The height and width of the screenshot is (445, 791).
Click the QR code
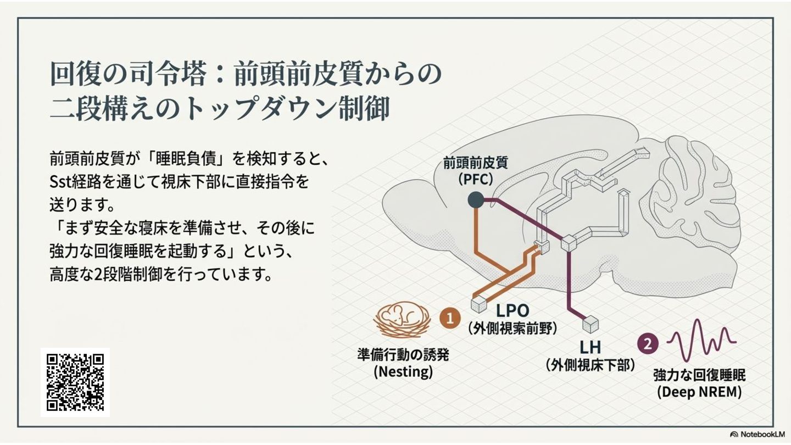coord(75,382)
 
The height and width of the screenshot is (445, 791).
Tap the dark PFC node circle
coord(476,201)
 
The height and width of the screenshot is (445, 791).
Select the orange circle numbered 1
coord(450,318)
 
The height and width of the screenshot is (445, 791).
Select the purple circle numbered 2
coord(648,344)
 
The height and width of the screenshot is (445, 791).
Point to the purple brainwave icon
coord(701,337)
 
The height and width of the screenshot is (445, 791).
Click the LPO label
coord(513,310)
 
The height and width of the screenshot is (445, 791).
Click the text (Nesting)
coord(403,371)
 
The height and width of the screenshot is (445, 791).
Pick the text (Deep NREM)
coord(699,392)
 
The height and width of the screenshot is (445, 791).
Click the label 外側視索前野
coord(513,329)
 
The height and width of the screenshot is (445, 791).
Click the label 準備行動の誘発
coord(403,354)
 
